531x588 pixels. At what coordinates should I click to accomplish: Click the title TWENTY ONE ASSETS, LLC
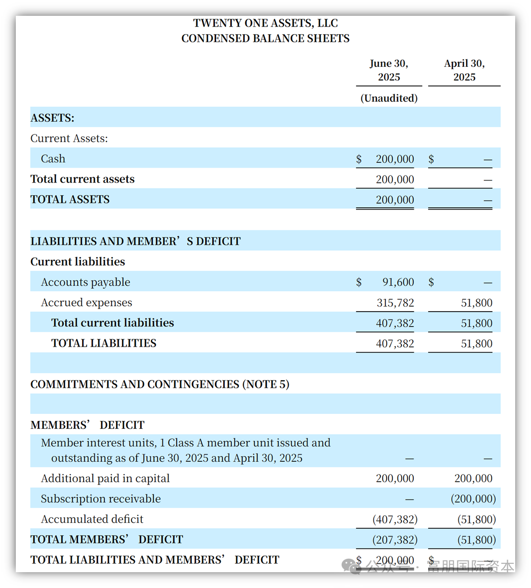(265, 23)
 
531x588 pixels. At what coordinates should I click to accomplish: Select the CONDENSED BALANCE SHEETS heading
(265, 39)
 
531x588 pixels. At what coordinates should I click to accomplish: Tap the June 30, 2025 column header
(389, 70)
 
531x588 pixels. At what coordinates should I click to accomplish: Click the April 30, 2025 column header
(464, 70)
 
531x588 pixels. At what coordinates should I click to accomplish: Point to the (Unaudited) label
(389, 98)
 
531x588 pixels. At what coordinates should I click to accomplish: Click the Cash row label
(53, 159)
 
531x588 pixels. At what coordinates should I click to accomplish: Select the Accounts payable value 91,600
(398, 282)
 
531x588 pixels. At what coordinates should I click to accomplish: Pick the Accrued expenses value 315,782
(395, 303)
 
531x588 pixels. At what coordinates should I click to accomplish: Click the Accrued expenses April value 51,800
(477, 303)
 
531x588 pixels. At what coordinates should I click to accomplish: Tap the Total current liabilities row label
(112, 323)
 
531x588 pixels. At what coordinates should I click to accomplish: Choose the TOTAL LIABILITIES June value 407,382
(395, 344)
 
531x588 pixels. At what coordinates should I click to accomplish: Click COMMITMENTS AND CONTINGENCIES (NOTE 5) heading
(160, 384)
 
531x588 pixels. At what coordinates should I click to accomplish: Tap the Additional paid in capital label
(105, 479)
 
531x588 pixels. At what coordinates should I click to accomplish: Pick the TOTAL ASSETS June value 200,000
(395, 200)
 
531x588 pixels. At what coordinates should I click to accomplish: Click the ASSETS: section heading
(52, 118)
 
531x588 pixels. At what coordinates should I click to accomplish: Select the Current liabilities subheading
(78, 262)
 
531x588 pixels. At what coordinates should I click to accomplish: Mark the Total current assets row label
(83, 179)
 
